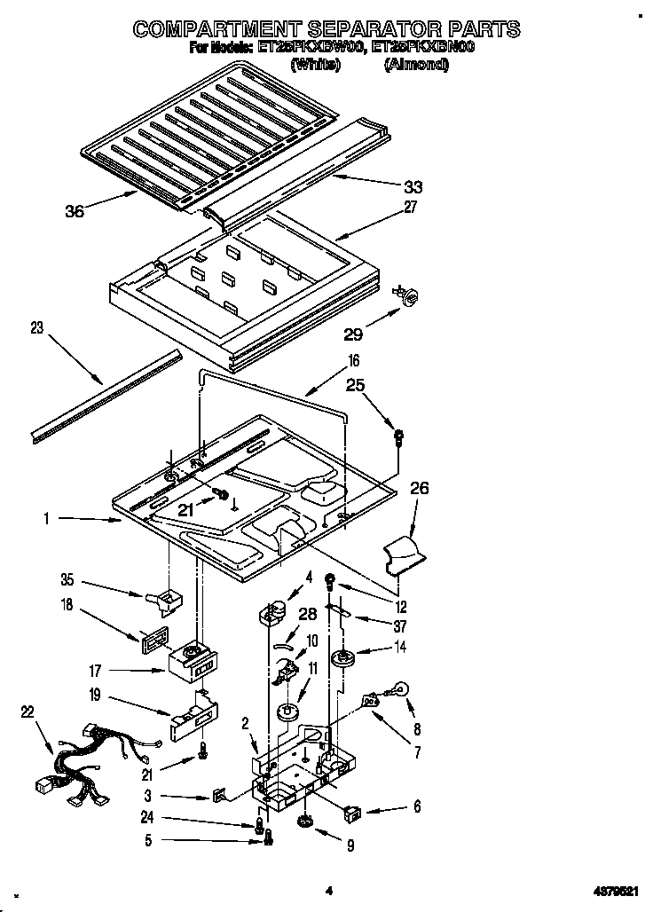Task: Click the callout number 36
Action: click(x=75, y=211)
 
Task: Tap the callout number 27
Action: click(x=410, y=208)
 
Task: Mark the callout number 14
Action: click(x=402, y=648)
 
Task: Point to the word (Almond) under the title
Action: click(x=415, y=64)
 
